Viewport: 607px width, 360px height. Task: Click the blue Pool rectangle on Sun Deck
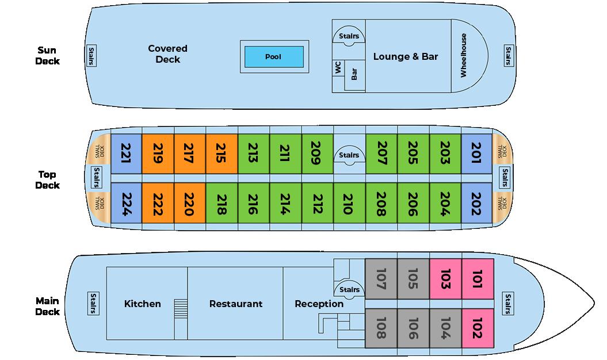coord(273,57)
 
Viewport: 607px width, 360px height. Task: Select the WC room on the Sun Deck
coord(338,68)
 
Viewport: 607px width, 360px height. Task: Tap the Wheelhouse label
coord(464,56)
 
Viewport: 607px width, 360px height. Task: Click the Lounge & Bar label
coord(406,56)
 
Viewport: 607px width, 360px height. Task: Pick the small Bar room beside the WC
coord(354,74)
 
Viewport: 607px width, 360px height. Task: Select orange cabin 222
coord(158,204)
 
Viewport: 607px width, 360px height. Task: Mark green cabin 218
coord(222,204)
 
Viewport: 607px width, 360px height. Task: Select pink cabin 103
coord(445,278)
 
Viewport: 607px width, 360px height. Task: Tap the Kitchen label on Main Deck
coord(143,304)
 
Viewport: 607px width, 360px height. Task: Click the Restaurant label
coord(236,304)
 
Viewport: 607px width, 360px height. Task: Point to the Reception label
coord(319,304)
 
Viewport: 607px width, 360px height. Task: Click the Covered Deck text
coord(167,54)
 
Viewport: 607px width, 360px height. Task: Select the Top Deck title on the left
coord(47,179)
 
